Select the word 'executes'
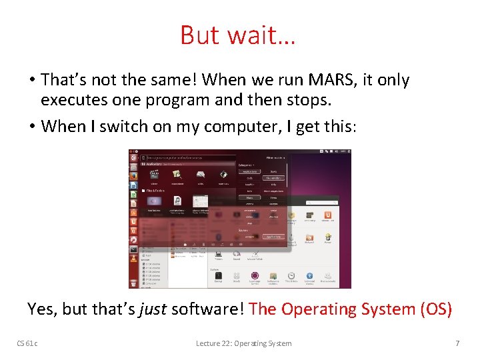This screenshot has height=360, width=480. pos(70,101)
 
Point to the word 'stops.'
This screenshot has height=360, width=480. pos(292,101)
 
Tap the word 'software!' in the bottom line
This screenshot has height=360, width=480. pos(209,309)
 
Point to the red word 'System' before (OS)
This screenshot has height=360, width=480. pos(381,309)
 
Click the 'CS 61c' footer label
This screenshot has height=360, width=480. pos(27,343)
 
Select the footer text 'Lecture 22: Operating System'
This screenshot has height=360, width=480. pos(243,343)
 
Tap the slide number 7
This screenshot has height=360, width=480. pos(457,343)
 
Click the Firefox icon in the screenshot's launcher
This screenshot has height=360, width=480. pos(134,175)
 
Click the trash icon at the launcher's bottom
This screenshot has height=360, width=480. pos(134,283)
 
